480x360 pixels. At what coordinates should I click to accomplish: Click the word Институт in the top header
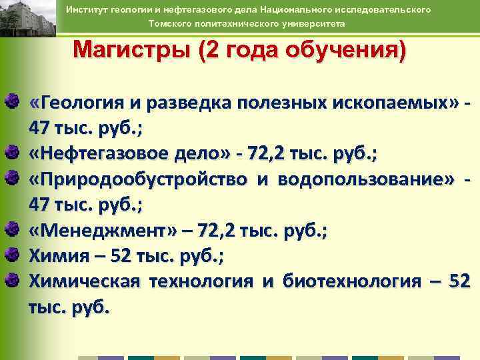coord(107,10)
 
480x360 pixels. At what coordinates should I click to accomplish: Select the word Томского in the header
coord(169,23)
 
